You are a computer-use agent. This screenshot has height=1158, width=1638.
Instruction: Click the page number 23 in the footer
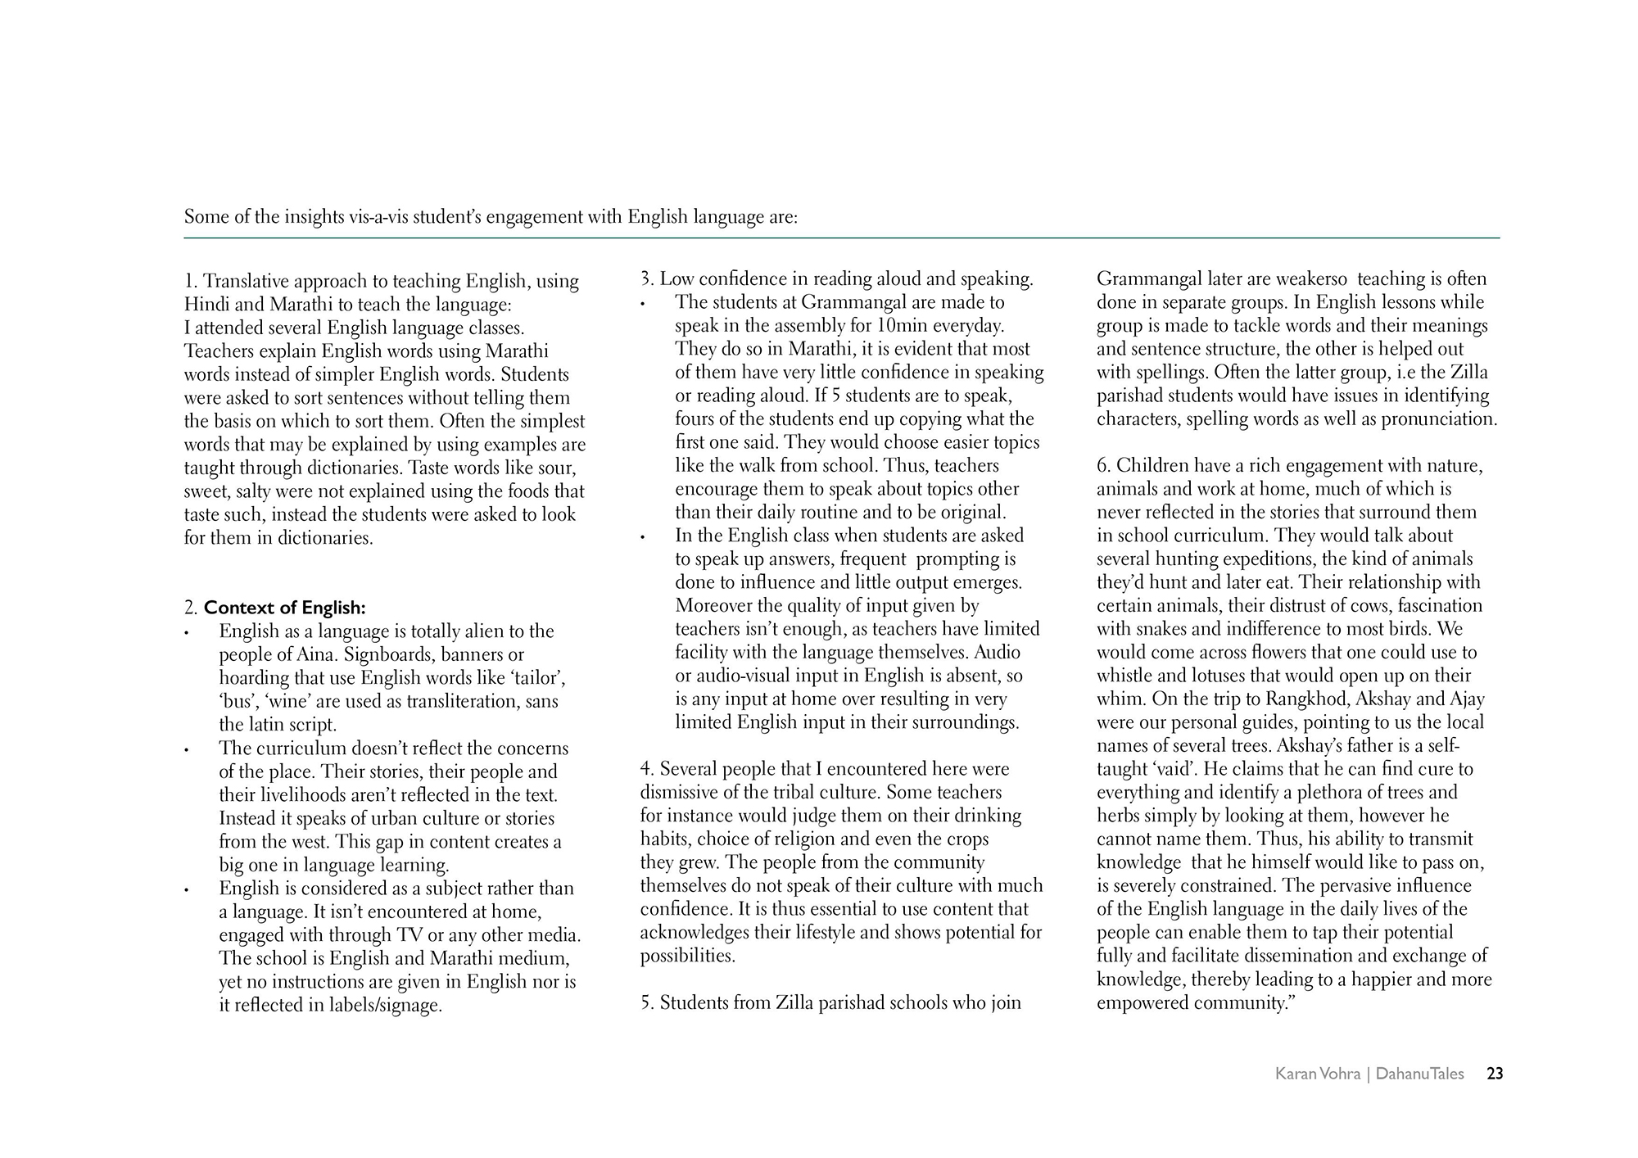(x=1495, y=1074)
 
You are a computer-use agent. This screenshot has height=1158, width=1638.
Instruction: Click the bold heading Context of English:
(x=284, y=608)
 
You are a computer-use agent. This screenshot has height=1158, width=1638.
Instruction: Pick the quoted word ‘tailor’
(x=536, y=678)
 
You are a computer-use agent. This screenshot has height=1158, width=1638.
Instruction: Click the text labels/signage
(x=385, y=1006)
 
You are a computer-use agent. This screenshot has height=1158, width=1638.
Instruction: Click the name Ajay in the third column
(x=1466, y=699)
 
